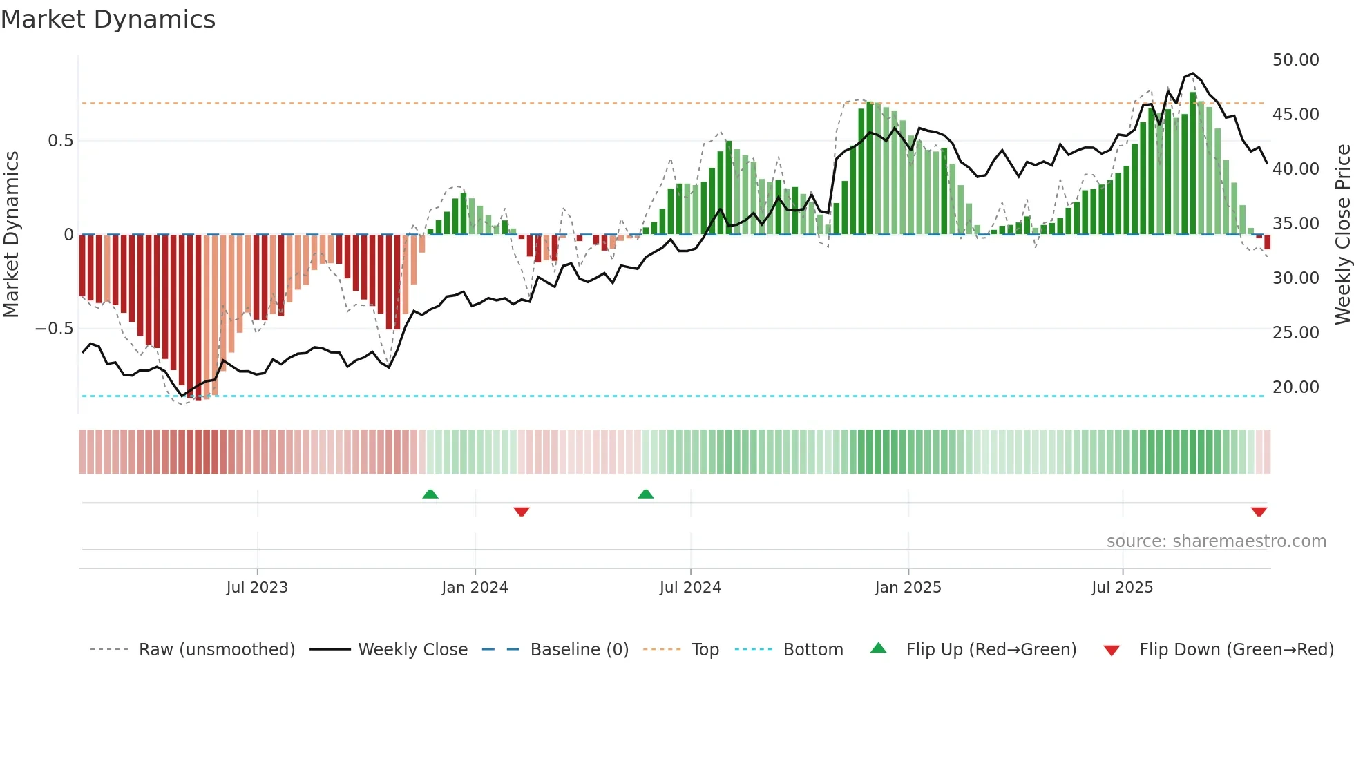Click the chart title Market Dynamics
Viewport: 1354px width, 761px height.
coord(108,19)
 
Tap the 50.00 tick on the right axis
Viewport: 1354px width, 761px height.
coord(1295,60)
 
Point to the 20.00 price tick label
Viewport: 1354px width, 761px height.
coord(1295,387)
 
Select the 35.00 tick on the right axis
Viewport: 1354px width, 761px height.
coord(1295,224)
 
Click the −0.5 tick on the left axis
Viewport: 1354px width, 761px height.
coord(55,329)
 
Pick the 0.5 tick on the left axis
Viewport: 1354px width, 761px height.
coord(60,141)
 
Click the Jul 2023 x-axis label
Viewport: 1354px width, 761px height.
coord(257,588)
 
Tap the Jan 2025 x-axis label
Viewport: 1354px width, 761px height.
coord(908,588)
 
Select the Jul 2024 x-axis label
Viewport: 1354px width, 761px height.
coord(690,588)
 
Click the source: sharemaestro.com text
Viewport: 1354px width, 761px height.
coord(1216,541)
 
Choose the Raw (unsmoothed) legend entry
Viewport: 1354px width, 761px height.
coord(216,650)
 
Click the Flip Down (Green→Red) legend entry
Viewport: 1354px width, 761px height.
coord(1236,650)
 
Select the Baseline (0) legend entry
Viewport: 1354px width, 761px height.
coord(579,650)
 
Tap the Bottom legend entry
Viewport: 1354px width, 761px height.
coord(812,650)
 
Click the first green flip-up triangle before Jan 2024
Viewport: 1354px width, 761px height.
coord(430,494)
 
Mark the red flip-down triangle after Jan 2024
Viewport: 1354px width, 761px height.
coord(522,511)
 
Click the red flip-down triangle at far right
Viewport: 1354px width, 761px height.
coord(1259,511)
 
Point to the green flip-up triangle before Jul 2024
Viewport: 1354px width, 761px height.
coord(646,494)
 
